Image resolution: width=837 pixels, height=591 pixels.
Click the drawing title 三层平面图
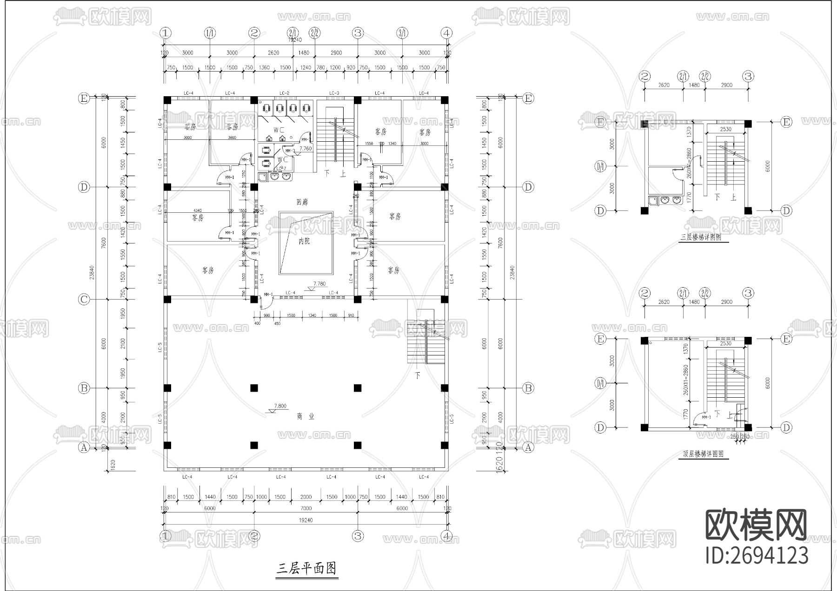click(306, 568)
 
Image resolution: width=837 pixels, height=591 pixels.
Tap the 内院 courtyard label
click(304, 241)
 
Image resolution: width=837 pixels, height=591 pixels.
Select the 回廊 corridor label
click(302, 203)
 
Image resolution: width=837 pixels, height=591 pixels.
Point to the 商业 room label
click(306, 417)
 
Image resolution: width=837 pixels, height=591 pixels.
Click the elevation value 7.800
click(280, 406)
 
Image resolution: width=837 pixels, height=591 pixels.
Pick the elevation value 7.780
click(319, 283)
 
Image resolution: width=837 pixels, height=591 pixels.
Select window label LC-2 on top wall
click(285, 93)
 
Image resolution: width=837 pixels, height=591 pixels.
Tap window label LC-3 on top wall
click(334, 93)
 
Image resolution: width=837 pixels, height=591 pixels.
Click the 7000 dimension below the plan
click(306, 508)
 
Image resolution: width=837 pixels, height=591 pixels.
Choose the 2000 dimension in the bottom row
click(306, 497)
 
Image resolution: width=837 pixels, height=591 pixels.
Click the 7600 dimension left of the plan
click(103, 243)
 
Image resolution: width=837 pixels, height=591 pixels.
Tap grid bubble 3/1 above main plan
click(402, 33)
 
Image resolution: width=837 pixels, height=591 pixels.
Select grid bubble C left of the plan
click(84, 299)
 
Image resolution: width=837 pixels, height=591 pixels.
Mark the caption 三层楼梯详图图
click(701, 237)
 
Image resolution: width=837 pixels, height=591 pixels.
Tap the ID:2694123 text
click(757, 556)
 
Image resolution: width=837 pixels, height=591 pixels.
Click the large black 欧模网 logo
click(757, 525)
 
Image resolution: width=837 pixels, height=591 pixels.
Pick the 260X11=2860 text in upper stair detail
click(689, 163)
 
